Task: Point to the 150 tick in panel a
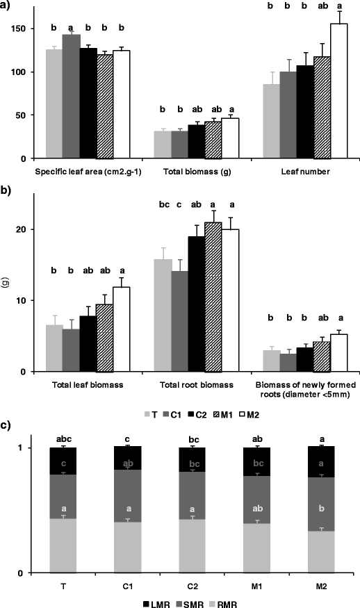click(x=25, y=28)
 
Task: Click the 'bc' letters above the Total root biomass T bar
click(x=162, y=205)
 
